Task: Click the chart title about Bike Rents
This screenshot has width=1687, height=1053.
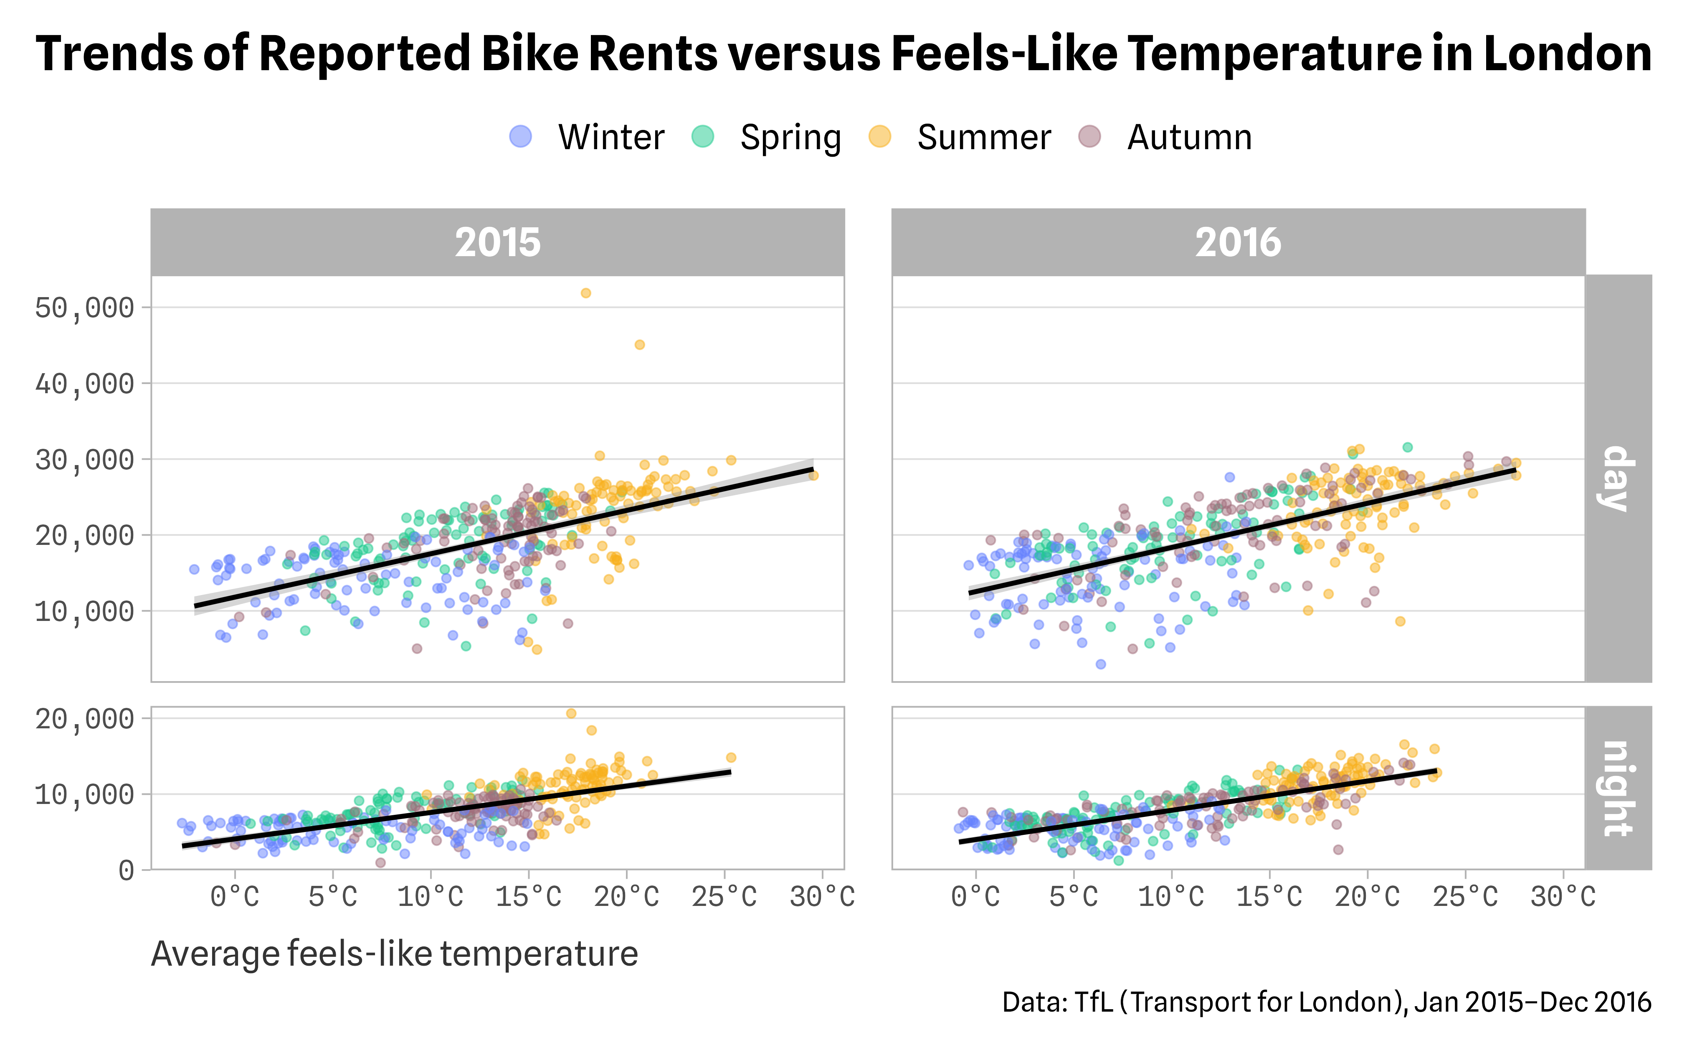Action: pyautogui.click(x=843, y=54)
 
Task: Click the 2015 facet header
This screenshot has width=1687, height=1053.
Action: pyautogui.click(x=498, y=242)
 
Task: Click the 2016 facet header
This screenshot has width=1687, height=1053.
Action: pyautogui.click(x=1238, y=242)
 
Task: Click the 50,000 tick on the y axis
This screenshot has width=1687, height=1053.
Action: pyautogui.click(x=84, y=308)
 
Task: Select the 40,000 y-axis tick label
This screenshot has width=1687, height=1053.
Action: pyautogui.click(x=84, y=384)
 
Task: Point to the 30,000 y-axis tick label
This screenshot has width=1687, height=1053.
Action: pyautogui.click(x=84, y=460)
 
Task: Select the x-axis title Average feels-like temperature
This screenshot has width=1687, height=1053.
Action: pyautogui.click(x=394, y=954)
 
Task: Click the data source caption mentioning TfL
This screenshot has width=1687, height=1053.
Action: pyautogui.click(x=1326, y=1002)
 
